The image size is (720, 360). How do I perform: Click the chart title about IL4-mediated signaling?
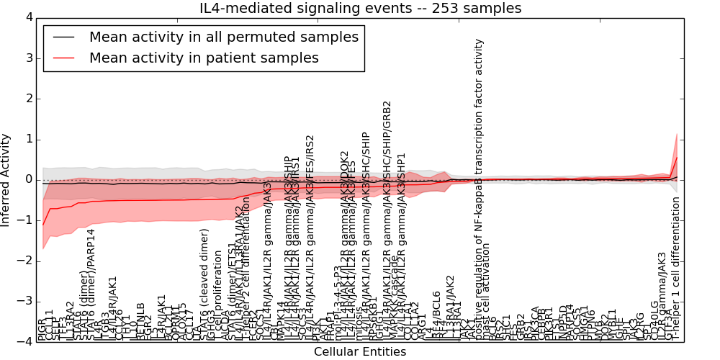point(360,9)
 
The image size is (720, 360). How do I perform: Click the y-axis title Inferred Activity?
point(6,179)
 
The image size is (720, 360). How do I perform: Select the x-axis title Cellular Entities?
point(360,352)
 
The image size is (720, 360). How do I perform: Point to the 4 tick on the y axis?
point(28,17)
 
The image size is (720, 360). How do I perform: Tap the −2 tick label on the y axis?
point(25,261)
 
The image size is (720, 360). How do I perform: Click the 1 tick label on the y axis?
point(28,139)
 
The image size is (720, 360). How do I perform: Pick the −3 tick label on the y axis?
point(25,301)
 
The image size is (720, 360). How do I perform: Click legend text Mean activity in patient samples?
point(204,58)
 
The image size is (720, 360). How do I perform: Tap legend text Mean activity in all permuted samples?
point(224,37)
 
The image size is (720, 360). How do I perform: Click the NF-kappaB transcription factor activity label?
point(480,187)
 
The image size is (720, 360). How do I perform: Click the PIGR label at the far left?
point(42,331)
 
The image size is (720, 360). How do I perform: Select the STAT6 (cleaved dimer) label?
point(205,284)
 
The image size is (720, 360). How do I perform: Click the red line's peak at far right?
point(677,157)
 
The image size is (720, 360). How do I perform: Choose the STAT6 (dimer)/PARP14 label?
point(91,284)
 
